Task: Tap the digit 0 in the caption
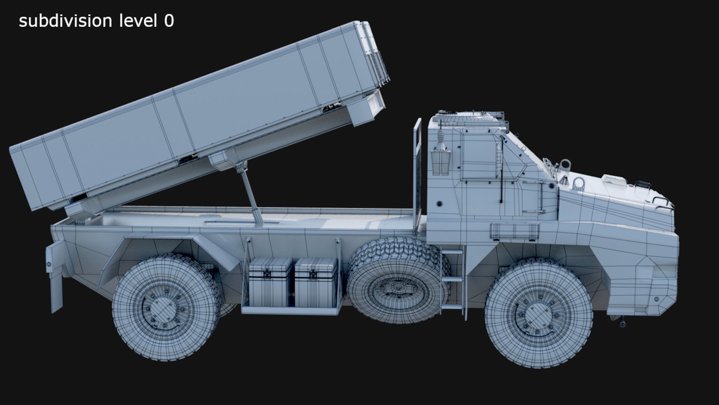click(x=169, y=21)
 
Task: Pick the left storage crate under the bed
click(x=270, y=282)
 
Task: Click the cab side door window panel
click(x=479, y=156)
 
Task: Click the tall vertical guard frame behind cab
click(x=417, y=172)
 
